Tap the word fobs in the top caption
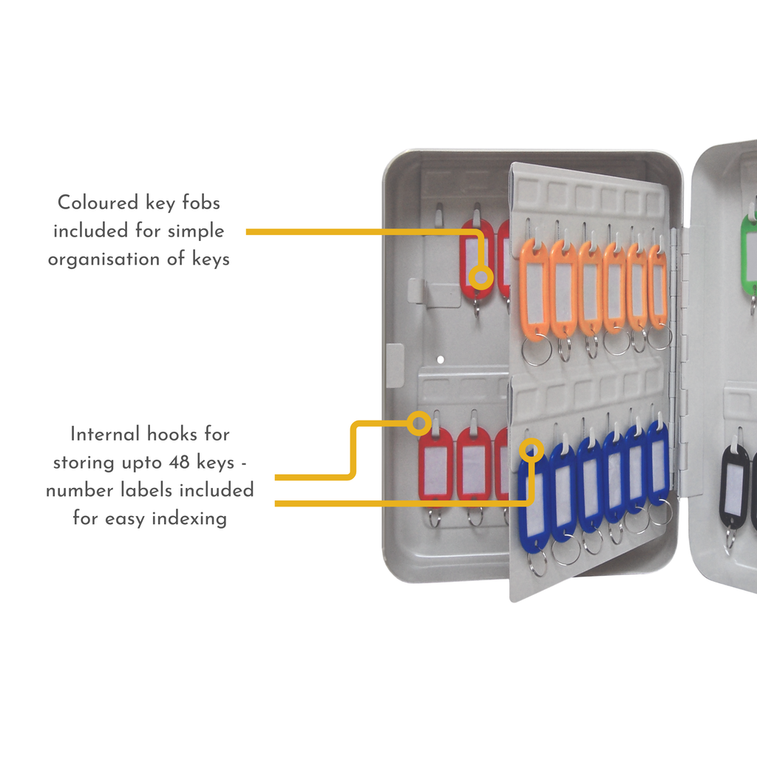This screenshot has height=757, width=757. pos(200,202)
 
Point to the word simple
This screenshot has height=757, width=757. pos(196,231)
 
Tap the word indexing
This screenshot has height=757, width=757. pos(189,518)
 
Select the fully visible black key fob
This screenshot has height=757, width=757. pos(734,484)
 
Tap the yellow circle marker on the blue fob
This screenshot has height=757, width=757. pos(531,449)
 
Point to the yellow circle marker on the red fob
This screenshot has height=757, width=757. pos(481,278)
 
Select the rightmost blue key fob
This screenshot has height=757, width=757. pos(658,463)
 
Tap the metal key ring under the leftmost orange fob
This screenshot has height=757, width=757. pos(536,352)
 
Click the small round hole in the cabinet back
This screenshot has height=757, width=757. pos(440,359)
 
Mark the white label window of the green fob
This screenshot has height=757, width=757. pos(751,255)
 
